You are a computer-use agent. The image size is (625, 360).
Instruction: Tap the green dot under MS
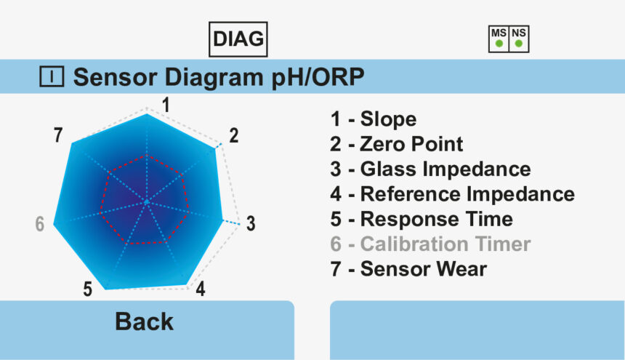[x=499, y=44]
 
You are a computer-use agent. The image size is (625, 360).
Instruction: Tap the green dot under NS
[x=518, y=44]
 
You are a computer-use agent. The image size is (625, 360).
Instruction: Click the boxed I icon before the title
[x=52, y=76]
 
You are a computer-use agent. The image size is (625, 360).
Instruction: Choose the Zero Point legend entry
[x=396, y=144]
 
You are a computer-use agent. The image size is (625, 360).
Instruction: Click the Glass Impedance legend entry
[x=430, y=169]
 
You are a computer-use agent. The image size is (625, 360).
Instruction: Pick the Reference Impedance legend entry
[x=452, y=194]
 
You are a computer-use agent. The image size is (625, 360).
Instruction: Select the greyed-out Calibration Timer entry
[x=430, y=244]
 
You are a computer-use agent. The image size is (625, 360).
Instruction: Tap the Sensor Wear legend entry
[x=408, y=268]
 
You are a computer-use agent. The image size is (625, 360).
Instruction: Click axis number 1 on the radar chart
[x=166, y=105]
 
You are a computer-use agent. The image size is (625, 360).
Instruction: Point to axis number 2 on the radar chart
[x=234, y=135]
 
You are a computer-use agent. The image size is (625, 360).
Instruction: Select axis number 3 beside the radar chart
[x=251, y=224]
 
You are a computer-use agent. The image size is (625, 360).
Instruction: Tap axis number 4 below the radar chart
[x=200, y=289]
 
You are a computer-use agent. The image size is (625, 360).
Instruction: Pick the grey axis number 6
[x=39, y=224]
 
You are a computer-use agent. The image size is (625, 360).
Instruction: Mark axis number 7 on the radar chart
[x=58, y=135]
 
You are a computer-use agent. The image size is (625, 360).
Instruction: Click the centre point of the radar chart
[x=147, y=201]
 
